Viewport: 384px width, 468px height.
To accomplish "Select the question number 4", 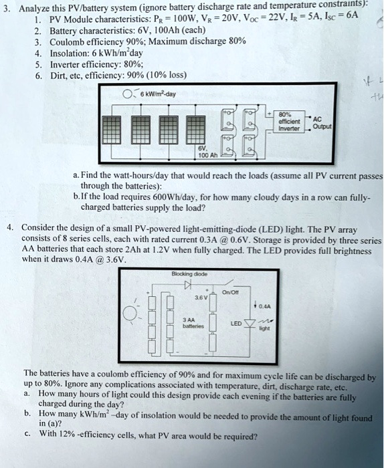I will click(9, 227).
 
